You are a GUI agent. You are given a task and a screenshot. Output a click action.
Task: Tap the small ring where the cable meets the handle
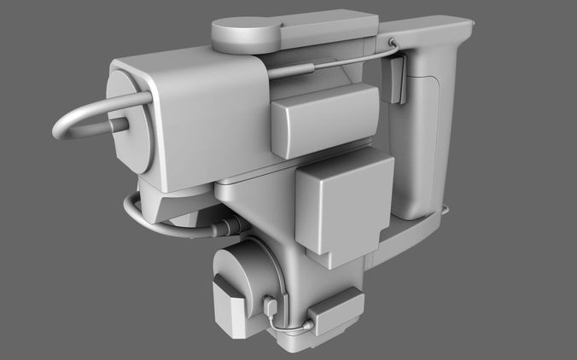(x=391, y=43)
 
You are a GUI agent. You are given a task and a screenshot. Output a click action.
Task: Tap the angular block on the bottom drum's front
(x=226, y=307)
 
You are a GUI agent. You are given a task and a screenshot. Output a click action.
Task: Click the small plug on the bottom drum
(x=271, y=305)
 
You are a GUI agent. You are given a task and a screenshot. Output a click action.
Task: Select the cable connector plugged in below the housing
(x=226, y=228)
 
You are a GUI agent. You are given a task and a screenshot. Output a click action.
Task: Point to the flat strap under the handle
(x=410, y=235)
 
